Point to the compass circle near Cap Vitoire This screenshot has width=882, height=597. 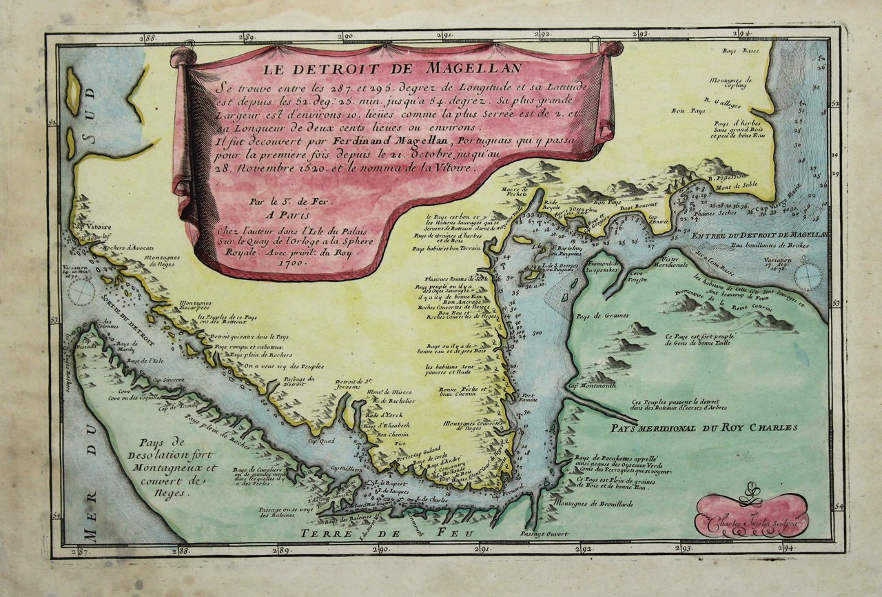[x=82, y=293]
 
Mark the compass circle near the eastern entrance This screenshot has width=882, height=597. [x=808, y=276]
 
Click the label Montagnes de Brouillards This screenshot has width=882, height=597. [x=601, y=504]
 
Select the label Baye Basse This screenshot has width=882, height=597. [x=739, y=51]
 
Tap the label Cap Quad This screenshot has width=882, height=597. [x=321, y=440]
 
